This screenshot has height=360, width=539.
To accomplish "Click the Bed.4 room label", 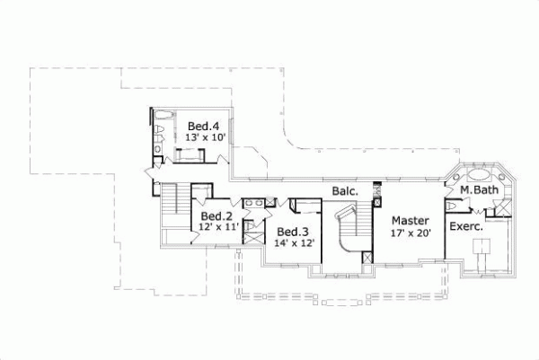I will pos(203,125).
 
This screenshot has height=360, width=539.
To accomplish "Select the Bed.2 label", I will pos(216,216).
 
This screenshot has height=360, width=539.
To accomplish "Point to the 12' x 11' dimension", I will pos(217,228).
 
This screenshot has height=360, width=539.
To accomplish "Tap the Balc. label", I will pos(345,191).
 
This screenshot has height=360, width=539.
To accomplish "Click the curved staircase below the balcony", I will pos(346,232).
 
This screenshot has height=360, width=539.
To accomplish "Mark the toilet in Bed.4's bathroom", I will pos(159,134).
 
